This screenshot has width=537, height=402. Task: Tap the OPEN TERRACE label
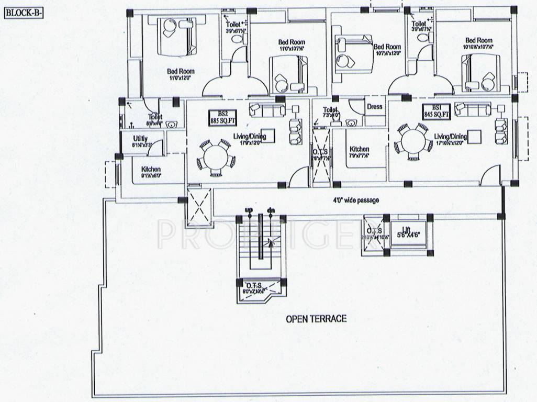[316, 318]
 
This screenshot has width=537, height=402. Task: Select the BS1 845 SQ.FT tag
[437, 111]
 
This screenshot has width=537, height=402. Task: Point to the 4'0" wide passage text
[356, 200]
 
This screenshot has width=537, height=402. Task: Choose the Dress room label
[374, 106]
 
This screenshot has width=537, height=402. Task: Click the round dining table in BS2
[215, 157]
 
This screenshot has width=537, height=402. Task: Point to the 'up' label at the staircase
[249, 210]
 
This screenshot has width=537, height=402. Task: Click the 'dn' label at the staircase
[271, 210]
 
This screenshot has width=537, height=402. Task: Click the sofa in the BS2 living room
[267, 110]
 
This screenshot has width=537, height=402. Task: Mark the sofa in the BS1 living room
[473, 109]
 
